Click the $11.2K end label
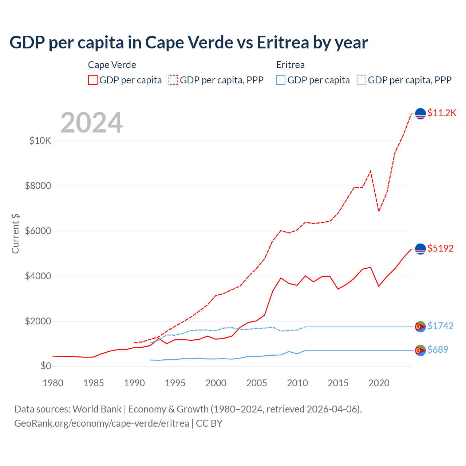(442, 113)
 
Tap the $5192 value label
(440, 249)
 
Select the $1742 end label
(440, 326)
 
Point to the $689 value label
(438, 350)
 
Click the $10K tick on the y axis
(40, 141)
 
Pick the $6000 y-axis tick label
(38, 231)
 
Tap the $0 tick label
(46, 366)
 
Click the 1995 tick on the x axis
(175, 383)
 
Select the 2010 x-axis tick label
(297, 383)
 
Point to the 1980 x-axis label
(53, 383)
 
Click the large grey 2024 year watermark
(91, 123)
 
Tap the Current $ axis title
(15, 234)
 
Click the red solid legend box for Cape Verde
(93, 80)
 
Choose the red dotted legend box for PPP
(173, 80)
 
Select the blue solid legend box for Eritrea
(281, 80)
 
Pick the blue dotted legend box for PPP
(362, 80)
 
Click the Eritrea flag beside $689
(420, 350)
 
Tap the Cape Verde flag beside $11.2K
(420, 114)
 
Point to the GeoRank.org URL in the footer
(102, 423)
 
